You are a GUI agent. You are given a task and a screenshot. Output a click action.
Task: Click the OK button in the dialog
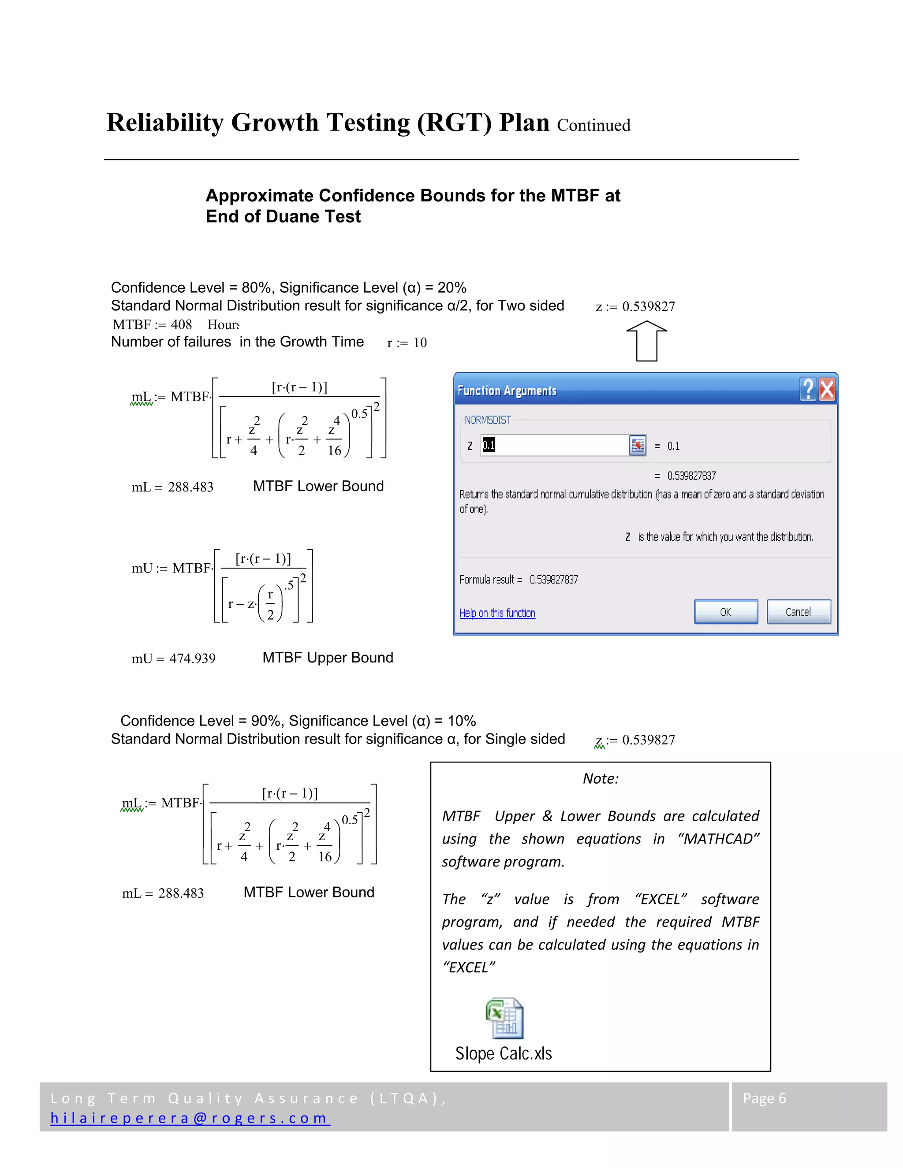tap(725, 612)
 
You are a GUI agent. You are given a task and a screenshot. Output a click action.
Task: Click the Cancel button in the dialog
tap(798, 612)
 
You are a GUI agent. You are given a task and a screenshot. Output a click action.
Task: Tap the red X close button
tap(827, 389)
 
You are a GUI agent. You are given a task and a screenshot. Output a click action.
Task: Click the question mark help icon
tap(808, 389)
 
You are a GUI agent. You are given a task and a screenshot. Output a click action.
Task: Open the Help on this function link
tap(497, 613)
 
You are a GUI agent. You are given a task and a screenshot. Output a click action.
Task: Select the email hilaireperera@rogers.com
tap(190, 1118)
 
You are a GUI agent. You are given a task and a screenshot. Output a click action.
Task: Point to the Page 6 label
tap(764, 1098)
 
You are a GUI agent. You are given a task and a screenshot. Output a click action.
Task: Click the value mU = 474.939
tap(173, 658)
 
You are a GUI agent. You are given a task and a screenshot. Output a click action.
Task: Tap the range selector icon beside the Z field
tap(637, 445)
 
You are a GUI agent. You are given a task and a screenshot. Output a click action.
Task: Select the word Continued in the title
tap(593, 125)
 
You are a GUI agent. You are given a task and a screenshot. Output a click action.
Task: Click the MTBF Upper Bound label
tap(328, 657)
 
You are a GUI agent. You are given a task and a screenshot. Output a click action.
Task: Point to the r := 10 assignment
tap(407, 343)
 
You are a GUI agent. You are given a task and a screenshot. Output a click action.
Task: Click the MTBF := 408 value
tap(153, 325)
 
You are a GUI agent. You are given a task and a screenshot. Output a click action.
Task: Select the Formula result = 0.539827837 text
tap(519, 579)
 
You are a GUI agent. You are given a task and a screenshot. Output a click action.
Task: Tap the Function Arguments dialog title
tap(507, 391)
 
